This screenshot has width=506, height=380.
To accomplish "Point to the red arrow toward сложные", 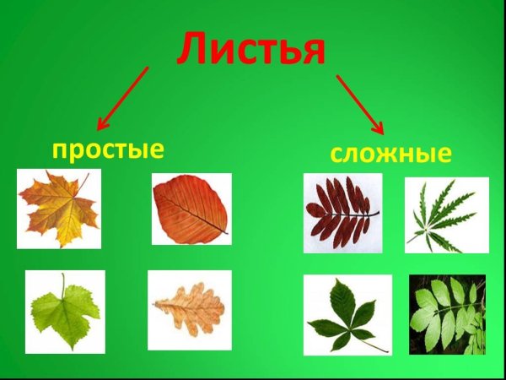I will (x=360, y=104).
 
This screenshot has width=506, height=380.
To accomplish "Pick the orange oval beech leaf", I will (x=191, y=209).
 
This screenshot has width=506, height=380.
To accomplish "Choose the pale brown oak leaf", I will (x=189, y=309).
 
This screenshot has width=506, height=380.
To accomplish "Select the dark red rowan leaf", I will (x=340, y=212).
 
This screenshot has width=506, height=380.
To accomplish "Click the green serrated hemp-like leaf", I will (x=445, y=215).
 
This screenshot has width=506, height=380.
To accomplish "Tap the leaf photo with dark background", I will (x=447, y=314).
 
